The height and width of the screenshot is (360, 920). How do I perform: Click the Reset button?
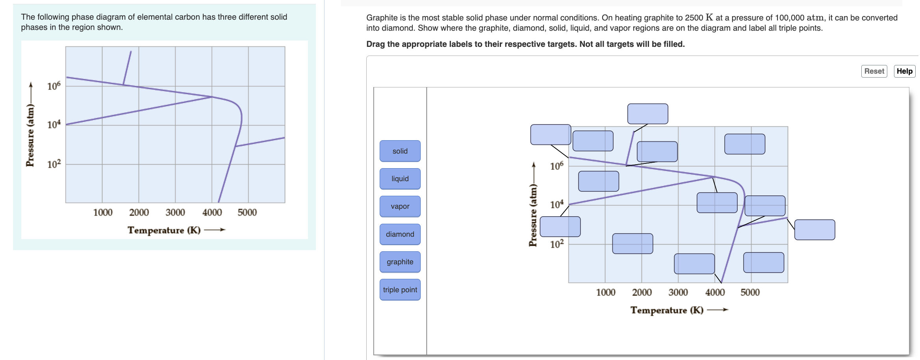[x=874, y=71]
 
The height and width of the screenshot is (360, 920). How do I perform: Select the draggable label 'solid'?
[x=400, y=151]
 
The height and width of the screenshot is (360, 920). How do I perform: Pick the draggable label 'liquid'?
[x=400, y=178]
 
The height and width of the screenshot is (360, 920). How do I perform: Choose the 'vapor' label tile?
[x=400, y=206]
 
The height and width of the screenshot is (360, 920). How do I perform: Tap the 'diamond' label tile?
[x=400, y=234]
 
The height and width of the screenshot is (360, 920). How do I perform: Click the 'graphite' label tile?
[x=400, y=262]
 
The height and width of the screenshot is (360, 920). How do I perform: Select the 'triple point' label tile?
[x=400, y=289]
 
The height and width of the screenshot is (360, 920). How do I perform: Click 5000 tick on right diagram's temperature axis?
[x=750, y=292]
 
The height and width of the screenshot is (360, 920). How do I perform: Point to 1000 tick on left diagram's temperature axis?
[x=102, y=212]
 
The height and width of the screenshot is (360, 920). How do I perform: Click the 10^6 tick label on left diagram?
[x=54, y=86]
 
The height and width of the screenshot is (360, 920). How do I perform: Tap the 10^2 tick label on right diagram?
[x=557, y=244]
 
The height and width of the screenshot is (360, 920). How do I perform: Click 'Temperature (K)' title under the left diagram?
[x=164, y=230]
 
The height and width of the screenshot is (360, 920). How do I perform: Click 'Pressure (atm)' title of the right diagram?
[x=533, y=215]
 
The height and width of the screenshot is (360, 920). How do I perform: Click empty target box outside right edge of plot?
[x=814, y=230]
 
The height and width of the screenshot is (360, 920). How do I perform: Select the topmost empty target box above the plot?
[x=647, y=114]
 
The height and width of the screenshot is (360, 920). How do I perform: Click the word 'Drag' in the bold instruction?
[x=375, y=44]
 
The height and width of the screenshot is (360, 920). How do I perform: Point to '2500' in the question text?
[x=694, y=18]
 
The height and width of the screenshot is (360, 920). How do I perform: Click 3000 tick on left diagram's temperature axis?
[x=175, y=212]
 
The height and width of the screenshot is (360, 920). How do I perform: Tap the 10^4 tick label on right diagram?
[x=557, y=204]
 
